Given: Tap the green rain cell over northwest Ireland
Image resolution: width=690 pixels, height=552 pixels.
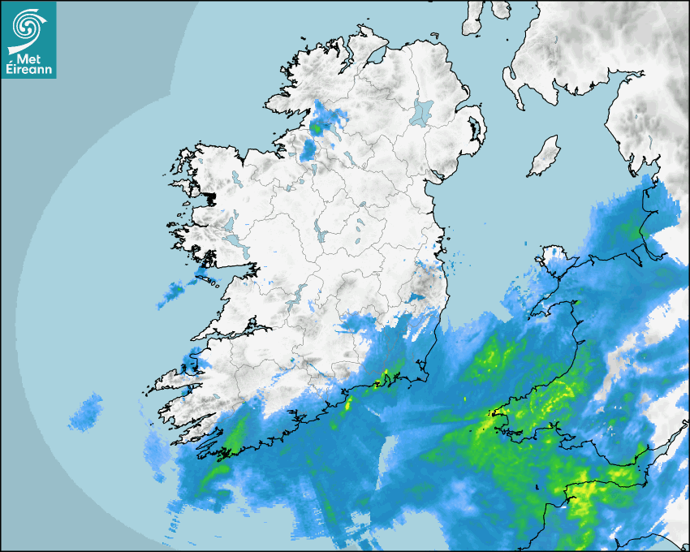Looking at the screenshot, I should pyautogui.click(x=317, y=127).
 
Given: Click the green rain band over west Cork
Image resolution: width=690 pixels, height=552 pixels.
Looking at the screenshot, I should pyautogui.click(x=235, y=438).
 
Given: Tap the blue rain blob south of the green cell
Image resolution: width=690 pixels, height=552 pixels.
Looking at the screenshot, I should pyautogui.click(x=308, y=150).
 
